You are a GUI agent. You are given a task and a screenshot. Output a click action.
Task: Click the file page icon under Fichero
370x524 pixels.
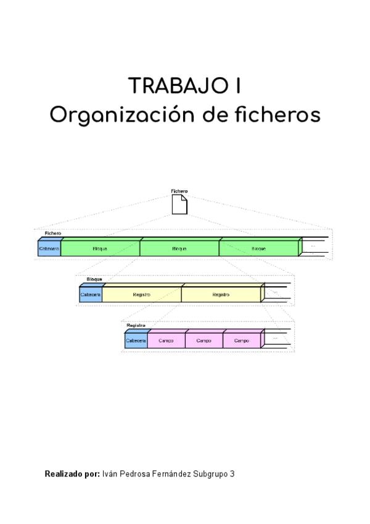[179, 205]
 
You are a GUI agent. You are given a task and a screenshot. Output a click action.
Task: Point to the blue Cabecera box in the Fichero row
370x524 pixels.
[49, 248]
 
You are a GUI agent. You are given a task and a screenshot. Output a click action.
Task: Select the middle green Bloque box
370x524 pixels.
[179, 248]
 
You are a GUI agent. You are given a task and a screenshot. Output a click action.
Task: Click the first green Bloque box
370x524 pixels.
[100, 248]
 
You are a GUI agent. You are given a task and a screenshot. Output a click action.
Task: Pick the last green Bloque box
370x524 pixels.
[258, 248]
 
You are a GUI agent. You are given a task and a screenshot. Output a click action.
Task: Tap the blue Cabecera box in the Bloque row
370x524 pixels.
[91, 295]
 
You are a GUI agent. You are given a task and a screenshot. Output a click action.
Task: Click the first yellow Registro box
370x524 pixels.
[142, 295]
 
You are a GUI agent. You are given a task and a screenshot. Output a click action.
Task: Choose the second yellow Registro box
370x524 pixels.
[221, 295]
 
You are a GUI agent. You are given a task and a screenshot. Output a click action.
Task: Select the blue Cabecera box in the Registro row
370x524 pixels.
[136, 340]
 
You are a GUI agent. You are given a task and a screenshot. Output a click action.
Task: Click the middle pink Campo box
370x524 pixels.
[203, 340]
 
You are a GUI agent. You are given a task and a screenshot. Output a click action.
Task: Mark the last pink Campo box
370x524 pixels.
[241, 340]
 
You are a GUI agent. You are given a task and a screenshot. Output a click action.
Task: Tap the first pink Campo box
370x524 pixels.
[166, 340]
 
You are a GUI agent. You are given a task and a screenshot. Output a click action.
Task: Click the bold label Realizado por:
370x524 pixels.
[72, 474]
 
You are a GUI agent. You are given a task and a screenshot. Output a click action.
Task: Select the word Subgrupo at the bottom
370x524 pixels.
[209, 474]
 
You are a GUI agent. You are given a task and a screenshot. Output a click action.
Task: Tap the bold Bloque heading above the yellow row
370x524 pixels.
[94, 280]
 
